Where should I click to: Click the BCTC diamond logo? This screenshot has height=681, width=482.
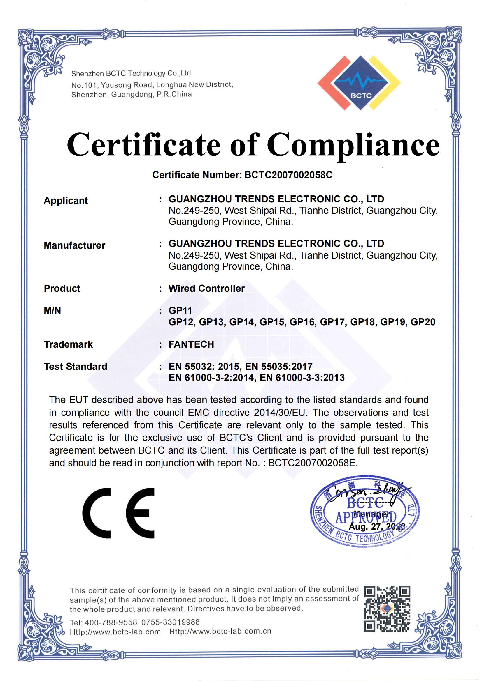[359, 83]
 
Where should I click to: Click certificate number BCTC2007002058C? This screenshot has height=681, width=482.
[288, 175]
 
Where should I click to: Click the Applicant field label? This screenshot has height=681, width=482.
[66, 201]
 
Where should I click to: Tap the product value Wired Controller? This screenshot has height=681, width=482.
[206, 288]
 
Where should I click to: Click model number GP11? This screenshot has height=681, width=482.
[180, 311]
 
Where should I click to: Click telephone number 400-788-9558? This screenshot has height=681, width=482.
[111, 622]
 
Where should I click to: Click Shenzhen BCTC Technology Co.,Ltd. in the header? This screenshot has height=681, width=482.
[132, 73]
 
